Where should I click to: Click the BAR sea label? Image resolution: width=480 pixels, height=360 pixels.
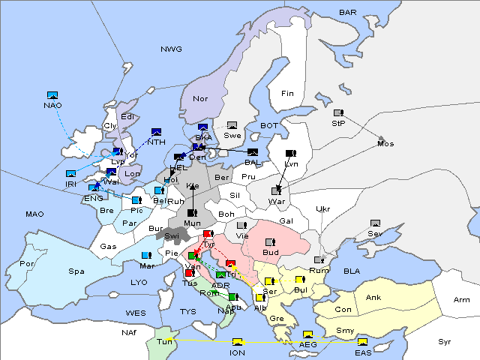click(x=348, y=13)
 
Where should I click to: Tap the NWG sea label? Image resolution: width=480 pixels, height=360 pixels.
click(x=171, y=49)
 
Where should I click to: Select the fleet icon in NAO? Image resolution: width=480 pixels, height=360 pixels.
click(x=52, y=95)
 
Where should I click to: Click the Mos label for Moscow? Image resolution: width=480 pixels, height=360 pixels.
click(x=385, y=143)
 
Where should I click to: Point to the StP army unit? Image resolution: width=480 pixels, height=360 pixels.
click(x=338, y=113)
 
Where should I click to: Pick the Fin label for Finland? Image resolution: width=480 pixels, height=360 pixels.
click(x=287, y=94)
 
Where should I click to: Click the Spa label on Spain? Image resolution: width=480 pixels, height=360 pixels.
click(x=76, y=271)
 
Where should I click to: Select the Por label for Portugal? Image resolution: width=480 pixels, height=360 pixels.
click(x=28, y=264)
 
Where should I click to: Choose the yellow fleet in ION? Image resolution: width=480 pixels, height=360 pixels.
click(x=238, y=343)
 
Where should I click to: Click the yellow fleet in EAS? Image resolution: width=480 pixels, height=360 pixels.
click(x=362, y=343)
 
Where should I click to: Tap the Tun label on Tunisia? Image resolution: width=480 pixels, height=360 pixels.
click(x=164, y=341)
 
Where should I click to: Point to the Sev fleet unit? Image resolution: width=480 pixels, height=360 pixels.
click(x=375, y=224)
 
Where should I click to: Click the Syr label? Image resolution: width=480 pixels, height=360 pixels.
click(x=445, y=341)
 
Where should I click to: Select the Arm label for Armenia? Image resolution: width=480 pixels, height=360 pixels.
click(x=462, y=300)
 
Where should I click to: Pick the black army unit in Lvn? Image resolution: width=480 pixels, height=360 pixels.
click(x=290, y=154)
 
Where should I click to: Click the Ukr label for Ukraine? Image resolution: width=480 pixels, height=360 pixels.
click(x=322, y=209)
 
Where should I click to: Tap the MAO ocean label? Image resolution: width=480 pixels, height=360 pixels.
click(x=34, y=214)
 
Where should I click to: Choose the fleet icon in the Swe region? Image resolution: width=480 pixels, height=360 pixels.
click(x=232, y=125)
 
